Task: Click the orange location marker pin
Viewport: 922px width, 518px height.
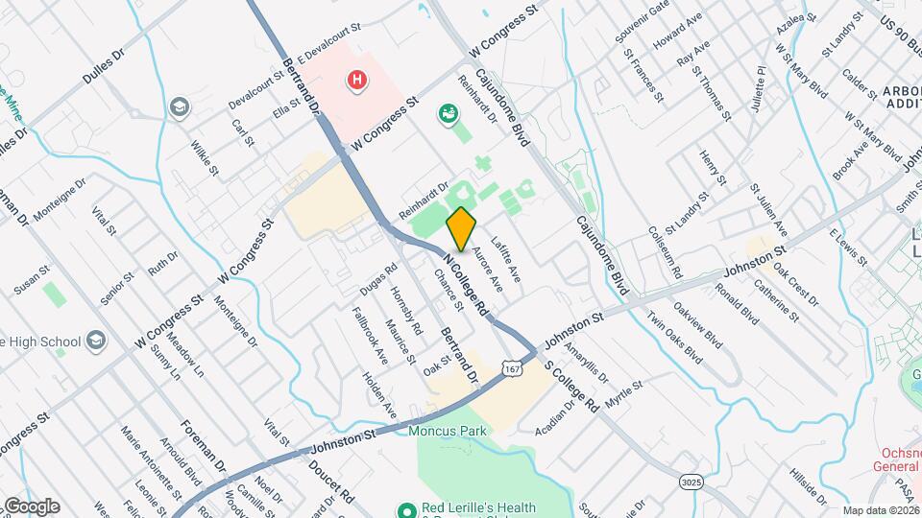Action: [x=462, y=229]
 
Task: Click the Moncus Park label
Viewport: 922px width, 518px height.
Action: [x=447, y=431]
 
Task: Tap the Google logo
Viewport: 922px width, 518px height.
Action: [x=31, y=506]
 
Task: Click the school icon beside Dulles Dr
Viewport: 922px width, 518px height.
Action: [x=179, y=106]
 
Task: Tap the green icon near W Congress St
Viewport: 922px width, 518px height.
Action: [x=447, y=115]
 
